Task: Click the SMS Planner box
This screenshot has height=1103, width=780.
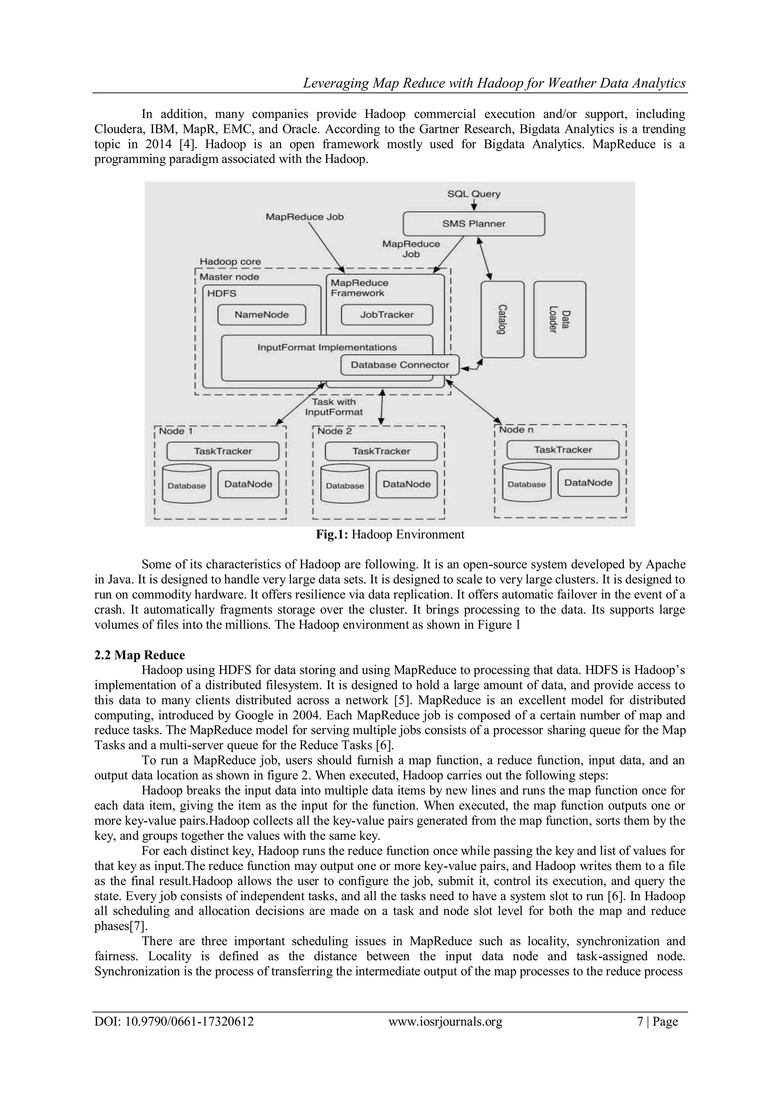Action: [473, 224]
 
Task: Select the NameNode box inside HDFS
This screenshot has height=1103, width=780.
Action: [261, 315]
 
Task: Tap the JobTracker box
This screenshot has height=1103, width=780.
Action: [387, 315]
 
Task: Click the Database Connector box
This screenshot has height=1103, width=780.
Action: [400, 365]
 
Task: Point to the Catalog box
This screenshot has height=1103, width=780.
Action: [502, 320]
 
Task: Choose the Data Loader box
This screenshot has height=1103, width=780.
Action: [559, 320]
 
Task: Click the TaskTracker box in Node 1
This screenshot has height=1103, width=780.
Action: [223, 451]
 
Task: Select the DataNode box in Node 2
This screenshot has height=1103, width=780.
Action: [406, 484]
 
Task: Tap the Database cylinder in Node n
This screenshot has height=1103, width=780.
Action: [526, 483]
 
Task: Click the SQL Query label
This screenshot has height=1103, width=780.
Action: [473, 194]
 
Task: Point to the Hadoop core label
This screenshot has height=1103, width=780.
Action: [230, 262]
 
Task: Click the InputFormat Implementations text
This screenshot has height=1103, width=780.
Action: [327, 347]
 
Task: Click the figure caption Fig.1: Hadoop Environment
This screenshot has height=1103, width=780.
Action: [390, 535]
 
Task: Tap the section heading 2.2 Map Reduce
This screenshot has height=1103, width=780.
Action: [139, 655]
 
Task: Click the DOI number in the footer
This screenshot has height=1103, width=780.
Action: [174, 1021]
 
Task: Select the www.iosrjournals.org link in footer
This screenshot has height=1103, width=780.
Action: [445, 1021]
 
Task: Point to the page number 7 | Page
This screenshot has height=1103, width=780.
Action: [657, 1021]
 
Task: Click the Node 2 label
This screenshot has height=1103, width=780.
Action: [334, 431]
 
